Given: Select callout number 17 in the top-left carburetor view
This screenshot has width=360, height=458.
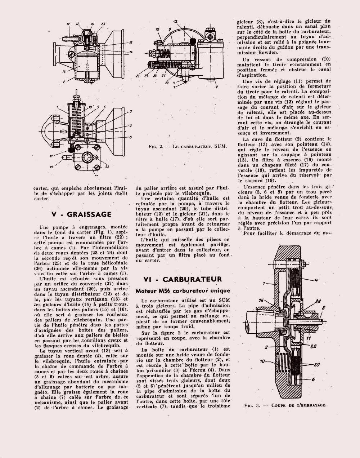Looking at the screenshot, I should [77, 24].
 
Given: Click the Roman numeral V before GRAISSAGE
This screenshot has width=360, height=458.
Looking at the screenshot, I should [54, 214].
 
